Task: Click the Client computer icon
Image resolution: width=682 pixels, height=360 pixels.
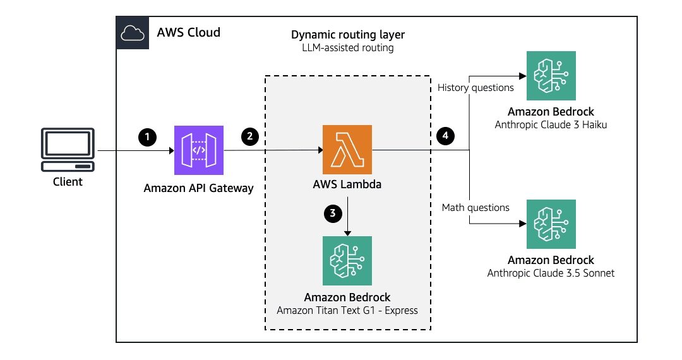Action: [68, 149]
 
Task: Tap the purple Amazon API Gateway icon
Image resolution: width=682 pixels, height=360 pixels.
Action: [199, 150]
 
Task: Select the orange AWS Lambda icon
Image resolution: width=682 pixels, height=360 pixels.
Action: [347, 150]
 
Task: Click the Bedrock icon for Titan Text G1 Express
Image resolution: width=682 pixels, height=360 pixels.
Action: [347, 261]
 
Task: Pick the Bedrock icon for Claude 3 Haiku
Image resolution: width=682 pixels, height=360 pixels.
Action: [551, 76]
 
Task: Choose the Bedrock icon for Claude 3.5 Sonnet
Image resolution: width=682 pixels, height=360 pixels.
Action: [551, 224]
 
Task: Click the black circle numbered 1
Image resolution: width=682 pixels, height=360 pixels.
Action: [147, 136]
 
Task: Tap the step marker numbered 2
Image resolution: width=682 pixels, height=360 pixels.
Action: [250, 136]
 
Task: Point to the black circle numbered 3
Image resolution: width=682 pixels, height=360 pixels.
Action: [332, 213]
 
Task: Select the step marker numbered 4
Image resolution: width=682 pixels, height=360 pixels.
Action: [445, 136]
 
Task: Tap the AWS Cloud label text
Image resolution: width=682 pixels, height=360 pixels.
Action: [189, 32]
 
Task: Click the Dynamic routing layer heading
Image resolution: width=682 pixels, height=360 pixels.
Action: [347, 35]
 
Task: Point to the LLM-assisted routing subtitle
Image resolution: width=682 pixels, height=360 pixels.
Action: [347, 48]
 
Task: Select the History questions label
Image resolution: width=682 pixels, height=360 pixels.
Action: [470, 88]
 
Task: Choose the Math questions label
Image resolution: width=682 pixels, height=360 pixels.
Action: [476, 207]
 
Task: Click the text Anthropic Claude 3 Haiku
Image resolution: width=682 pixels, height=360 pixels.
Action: [551, 125]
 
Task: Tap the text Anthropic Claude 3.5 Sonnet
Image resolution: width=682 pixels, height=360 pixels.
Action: [551, 273]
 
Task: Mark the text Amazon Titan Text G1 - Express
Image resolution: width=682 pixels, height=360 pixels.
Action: [347, 310]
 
